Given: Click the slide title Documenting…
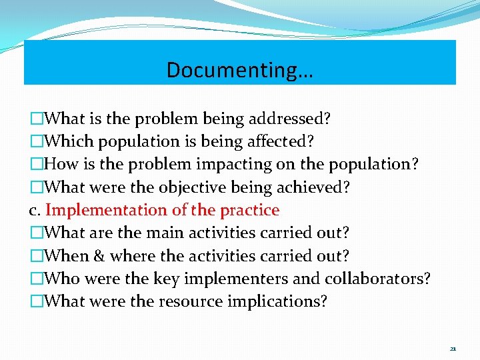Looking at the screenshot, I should [239, 69].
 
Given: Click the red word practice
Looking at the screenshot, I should [248, 210].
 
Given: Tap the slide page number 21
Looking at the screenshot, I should [453, 349].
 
